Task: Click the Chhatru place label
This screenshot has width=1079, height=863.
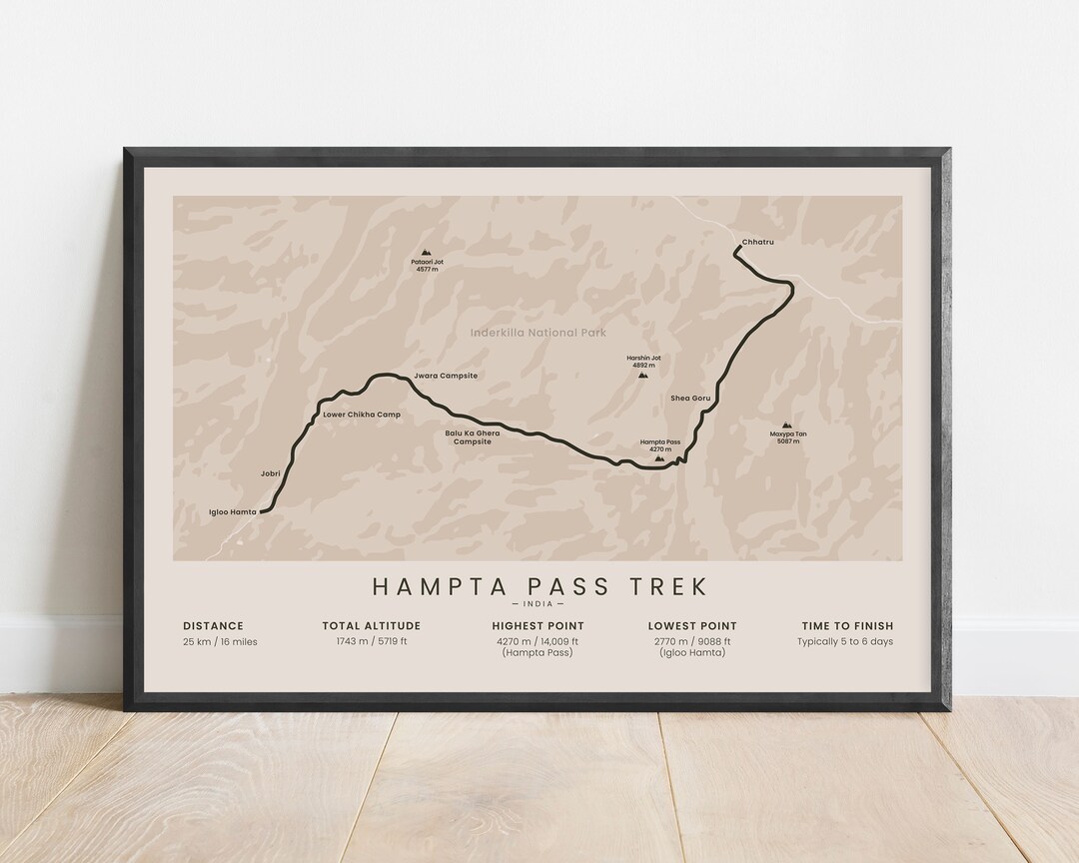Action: coord(757,243)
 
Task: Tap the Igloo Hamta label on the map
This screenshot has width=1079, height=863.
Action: coord(233,511)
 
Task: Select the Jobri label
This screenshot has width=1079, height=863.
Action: coord(270,475)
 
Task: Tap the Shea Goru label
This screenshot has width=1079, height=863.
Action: coord(690,398)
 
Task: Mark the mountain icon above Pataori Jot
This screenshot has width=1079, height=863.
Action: coord(427,253)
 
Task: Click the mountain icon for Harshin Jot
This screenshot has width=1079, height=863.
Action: coord(642,376)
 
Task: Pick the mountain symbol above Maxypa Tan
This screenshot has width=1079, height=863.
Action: coord(787,426)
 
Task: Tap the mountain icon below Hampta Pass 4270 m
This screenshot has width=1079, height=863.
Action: coord(657,458)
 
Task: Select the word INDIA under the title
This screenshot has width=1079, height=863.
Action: coord(539,604)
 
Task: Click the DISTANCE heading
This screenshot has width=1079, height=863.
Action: coord(213,626)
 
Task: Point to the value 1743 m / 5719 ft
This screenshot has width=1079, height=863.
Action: coord(371,641)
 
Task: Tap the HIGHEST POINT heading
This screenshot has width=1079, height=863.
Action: coord(538,626)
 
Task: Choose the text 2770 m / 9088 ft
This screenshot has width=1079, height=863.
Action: coord(691,641)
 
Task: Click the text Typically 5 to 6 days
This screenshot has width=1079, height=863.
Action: coord(845,641)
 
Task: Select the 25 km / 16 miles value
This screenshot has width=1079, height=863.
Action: coord(220,641)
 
